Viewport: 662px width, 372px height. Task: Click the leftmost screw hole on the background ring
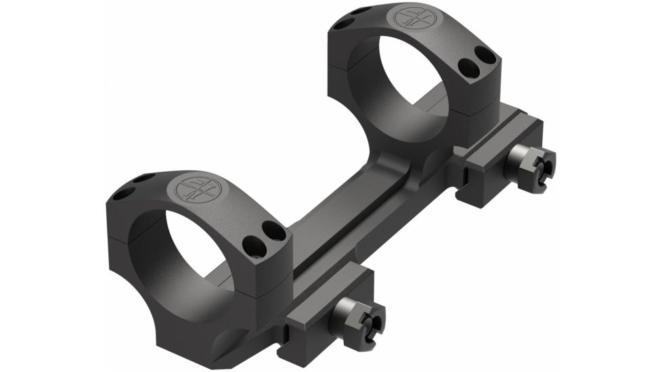pos(343,23)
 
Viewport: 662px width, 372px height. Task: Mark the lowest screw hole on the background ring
pos(468,66)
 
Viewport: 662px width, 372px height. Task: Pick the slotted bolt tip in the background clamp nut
pos(542,162)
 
